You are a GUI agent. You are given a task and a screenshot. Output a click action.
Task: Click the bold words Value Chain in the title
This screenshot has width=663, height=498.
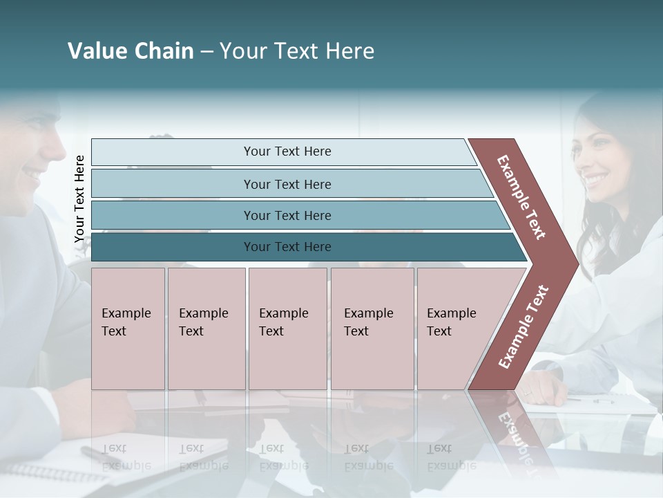point(131,51)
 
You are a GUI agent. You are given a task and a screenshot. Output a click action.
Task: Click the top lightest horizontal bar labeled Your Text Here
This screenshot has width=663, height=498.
point(287,151)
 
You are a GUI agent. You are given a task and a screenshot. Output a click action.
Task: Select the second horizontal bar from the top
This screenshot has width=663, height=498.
point(287,184)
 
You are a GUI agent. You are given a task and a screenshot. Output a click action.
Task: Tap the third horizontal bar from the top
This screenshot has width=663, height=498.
point(287,215)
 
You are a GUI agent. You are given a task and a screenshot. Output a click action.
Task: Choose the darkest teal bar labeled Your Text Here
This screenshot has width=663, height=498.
point(287,247)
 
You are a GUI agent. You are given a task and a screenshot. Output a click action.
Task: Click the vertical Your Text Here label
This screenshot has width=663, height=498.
point(79,199)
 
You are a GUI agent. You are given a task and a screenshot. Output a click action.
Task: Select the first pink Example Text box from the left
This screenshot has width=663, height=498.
point(128,329)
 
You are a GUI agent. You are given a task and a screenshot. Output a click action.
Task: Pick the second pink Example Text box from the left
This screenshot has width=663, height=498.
point(206,329)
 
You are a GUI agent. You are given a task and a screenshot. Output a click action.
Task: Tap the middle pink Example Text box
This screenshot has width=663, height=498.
point(287,329)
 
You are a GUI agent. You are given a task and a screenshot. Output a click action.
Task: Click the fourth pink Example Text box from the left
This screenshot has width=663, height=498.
point(372,329)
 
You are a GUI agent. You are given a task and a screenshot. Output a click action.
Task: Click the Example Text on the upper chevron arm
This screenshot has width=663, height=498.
point(521,197)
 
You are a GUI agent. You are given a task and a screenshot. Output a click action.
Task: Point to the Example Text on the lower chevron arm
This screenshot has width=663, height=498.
point(523,327)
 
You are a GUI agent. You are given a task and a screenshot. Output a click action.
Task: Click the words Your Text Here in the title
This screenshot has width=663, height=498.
point(297,51)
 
